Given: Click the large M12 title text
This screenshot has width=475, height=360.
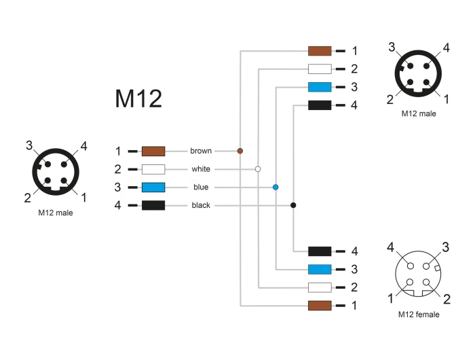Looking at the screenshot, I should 138,99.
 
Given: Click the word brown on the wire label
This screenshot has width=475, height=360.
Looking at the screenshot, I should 200,151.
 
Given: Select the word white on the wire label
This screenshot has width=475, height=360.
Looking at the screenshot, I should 201,169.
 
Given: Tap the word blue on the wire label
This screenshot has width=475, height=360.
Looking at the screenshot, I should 201,187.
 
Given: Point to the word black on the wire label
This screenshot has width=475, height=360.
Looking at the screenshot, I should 201,205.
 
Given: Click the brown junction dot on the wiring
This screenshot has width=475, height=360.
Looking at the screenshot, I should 240,150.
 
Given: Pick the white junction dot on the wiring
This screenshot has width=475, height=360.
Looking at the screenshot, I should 258,168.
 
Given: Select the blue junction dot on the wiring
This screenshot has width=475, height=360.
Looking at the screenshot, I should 275,187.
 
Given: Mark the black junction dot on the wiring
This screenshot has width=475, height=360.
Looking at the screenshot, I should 293,205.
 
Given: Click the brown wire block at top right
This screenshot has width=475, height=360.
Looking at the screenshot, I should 320,51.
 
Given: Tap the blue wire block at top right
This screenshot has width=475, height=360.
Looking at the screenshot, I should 320,87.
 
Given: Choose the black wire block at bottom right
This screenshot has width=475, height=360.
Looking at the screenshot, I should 320,251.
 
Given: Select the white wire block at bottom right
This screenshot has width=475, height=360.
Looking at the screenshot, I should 320,287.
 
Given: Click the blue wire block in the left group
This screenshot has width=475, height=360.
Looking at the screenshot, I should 153,187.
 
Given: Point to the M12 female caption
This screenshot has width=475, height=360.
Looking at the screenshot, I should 419,314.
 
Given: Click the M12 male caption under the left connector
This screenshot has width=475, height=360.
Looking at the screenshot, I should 56,213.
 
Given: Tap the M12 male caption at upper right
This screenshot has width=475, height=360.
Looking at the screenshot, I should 419,113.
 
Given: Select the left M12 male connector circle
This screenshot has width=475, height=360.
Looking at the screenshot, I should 56,173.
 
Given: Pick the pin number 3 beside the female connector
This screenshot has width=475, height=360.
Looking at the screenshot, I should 446,246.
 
